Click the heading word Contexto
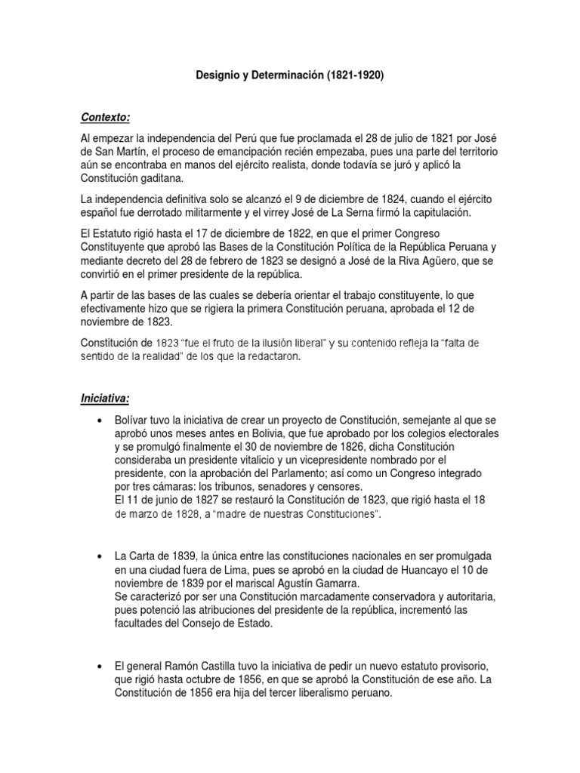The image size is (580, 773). coord(105,117)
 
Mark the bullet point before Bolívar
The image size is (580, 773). coord(100,420)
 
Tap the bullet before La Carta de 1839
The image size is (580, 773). coord(100,556)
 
